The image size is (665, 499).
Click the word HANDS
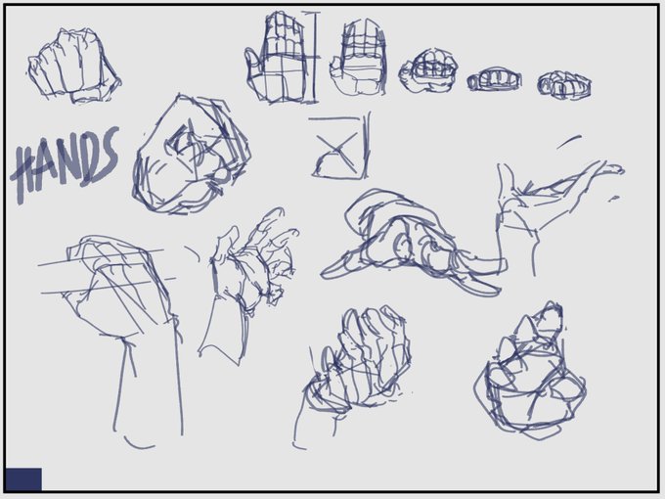click(x=65, y=163)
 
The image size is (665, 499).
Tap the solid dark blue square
click(x=23, y=479)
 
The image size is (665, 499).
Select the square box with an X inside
click(x=339, y=147)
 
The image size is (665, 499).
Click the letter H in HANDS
click(x=25, y=174)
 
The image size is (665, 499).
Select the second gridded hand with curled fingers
click(x=359, y=59)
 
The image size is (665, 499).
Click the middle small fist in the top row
click(x=494, y=80)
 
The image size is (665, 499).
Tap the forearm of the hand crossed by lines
click(x=149, y=382)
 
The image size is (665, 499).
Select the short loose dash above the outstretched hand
click(x=569, y=142)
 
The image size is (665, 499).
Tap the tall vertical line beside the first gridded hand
click(x=314, y=58)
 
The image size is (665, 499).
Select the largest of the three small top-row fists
click(x=428, y=70)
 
